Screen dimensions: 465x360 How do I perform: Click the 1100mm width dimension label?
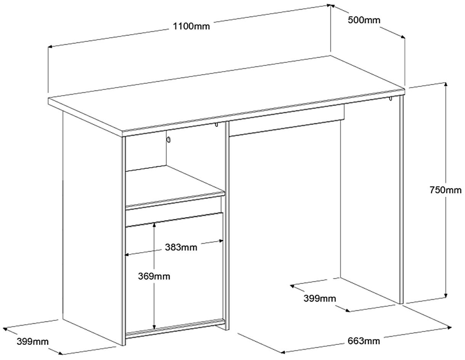pyautogui.click(x=191, y=26)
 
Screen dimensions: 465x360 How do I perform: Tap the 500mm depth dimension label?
pyautogui.click(x=364, y=20)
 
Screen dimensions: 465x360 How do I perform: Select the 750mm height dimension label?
pyautogui.click(x=446, y=190)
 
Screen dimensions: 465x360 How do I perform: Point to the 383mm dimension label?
pyautogui.click(x=181, y=247)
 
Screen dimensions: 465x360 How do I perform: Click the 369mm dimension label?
pyautogui.click(x=154, y=276)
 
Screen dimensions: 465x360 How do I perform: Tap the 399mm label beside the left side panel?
pyautogui.click(x=33, y=341)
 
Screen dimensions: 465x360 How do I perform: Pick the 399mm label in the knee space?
pyautogui.click(x=320, y=298)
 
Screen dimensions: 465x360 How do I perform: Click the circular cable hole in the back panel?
pyautogui.click(x=169, y=140)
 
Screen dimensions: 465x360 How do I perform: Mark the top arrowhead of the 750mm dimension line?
pyautogui.click(x=446, y=84)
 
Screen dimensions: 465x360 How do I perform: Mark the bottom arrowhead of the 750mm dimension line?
pyautogui.click(x=446, y=296)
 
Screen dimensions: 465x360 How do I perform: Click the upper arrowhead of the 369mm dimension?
pyautogui.click(x=154, y=224)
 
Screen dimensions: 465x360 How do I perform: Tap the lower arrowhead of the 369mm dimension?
pyautogui.click(x=154, y=327)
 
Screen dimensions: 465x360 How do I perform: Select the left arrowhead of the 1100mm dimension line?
pyautogui.click(x=50, y=47)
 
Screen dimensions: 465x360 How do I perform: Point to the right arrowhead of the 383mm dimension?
pyautogui.click(x=221, y=241)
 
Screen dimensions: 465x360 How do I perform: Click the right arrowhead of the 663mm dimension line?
pyautogui.click(x=449, y=328)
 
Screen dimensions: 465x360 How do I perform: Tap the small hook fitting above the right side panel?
pyautogui.click(x=390, y=99)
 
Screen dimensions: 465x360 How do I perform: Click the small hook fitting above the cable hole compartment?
pyautogui.click(x=216, y=124)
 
